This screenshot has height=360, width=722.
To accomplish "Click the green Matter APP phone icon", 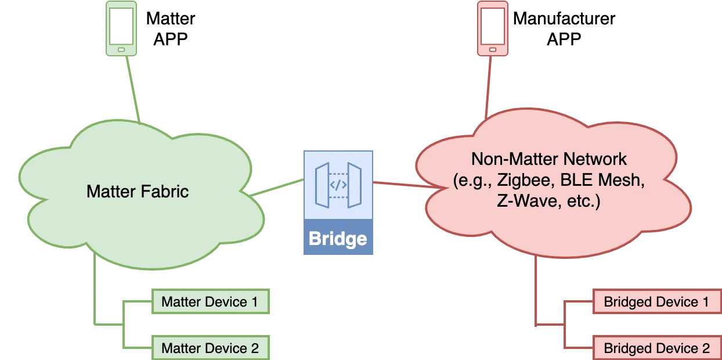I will tap(121, 28).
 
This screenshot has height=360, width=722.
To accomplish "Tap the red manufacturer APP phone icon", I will tap(492, 28).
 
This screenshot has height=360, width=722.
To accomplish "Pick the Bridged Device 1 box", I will tap(656, 302).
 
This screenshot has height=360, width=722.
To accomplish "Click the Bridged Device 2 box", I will tap(656, 348).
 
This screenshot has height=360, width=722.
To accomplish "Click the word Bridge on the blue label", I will tap(338, 239).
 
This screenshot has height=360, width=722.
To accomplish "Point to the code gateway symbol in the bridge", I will tap(338, 185).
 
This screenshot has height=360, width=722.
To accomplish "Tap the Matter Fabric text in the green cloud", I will tap(138, 191).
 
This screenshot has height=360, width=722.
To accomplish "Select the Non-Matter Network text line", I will tap(549, 159).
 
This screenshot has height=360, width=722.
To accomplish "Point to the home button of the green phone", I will tap(121, 50).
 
